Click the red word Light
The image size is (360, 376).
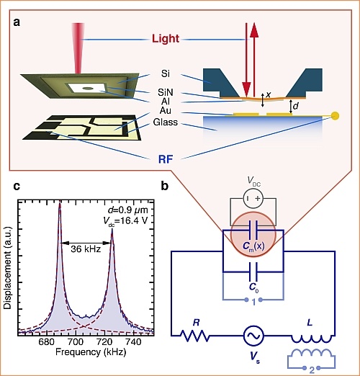click(166, 39)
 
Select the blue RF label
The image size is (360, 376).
click(166, 159)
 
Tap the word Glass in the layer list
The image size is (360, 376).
click(166, 122)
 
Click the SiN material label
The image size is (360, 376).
click(166, 92)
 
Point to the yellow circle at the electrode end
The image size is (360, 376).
click(336, 116)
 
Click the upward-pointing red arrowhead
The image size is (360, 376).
click(254, 30)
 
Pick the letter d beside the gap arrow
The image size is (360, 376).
click(296, 106)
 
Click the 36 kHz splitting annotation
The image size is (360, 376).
click(86, 249)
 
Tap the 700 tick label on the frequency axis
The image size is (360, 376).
click(76, 341)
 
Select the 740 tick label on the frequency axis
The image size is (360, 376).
click(133, 341)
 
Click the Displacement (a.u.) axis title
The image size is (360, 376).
click(7, 267)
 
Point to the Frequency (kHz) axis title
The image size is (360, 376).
click(91, 352)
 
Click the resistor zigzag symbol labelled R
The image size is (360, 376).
click(195, 336)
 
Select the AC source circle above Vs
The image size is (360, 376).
click(253, 336)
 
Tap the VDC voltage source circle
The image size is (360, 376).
click(253, 199)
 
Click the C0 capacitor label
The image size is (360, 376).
click(254, 287)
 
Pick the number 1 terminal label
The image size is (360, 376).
click(253, 302)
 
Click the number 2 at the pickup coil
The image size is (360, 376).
click(312, 370)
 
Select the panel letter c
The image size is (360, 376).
click(17, 186)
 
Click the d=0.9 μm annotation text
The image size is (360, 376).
click(128, 210)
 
